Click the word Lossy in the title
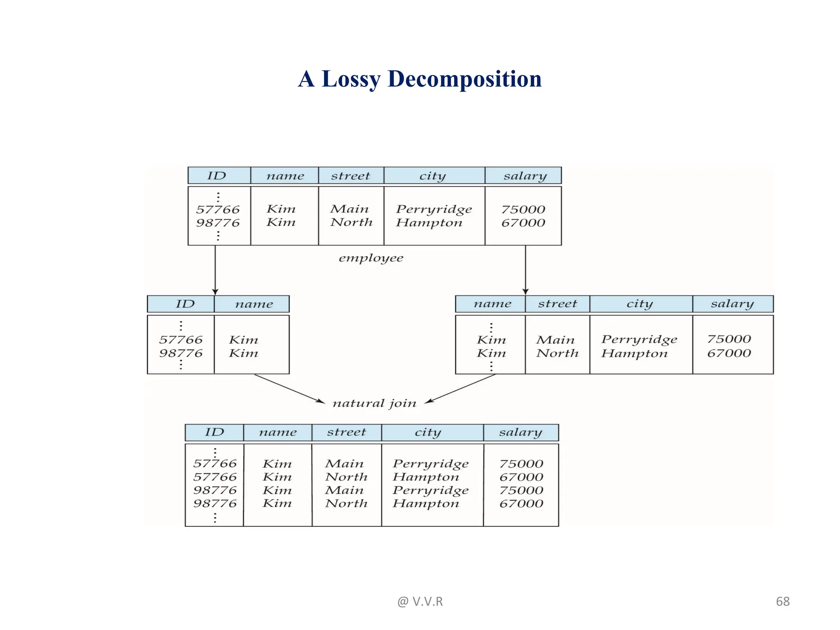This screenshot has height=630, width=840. pyautogui.click(x=351, y=79)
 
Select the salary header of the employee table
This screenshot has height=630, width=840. pyautogui.click(x=525, y=176)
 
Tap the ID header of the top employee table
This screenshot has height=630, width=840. pyautogui.click(x=217, y=176)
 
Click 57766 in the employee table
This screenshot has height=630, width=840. pyautogui.click(x=217, y=210)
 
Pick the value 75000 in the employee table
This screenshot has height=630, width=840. pyautogui.click(x=523, y=210)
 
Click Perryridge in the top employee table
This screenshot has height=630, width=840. pyautogui.click(x=434, y=210)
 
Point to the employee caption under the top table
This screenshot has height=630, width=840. pyautogui.click(x=371, y=258)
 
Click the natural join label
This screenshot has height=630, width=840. pyautogui.click(x=374, y=404)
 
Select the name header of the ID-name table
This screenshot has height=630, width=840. pyautogui.click(x=254, y=304)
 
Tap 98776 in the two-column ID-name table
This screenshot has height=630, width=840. pyautogui.click(x=180, y=353)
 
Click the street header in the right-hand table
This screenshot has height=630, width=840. pyautogui.click(x=557, y=304)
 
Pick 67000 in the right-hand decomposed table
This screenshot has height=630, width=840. pyautogui.click(x=729, y=353)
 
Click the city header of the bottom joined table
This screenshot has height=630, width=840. pyautogui.click(x=428, y=432)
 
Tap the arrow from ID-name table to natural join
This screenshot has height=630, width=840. pyautogui.click(x=289, y=388)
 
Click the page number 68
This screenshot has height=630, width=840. pyautogui.click(x=783, y=601)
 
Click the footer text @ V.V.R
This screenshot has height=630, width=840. pyautogui.click(x=420, y=601)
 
